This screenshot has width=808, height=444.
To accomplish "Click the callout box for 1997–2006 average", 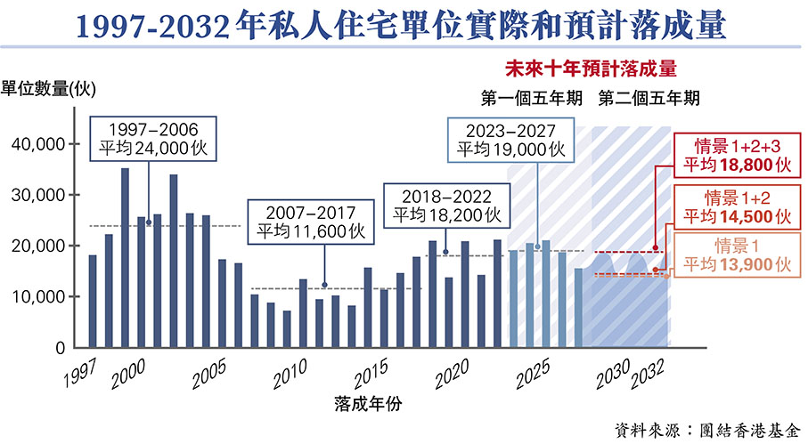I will [x=149, y=137].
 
